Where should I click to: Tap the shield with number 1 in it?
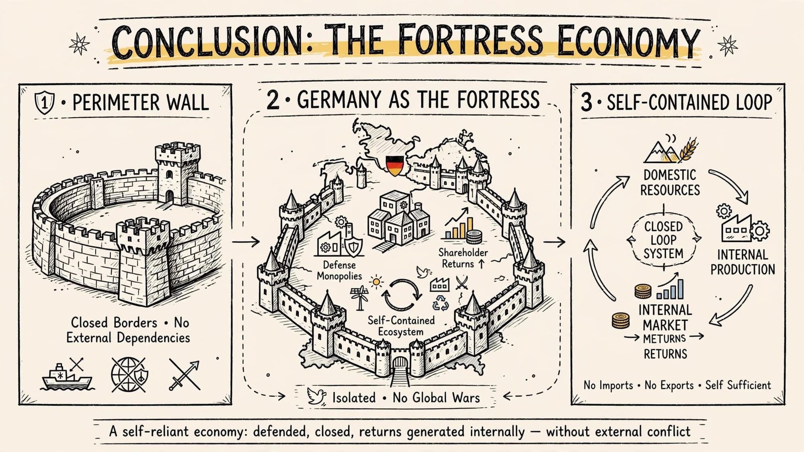pos(45,102)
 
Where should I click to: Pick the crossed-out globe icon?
pos(129,374)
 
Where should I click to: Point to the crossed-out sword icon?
pos(184,374)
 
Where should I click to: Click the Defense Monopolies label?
pos(339,270)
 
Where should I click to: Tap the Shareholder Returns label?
pos(463,258)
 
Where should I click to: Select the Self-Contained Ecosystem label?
pos(401,326)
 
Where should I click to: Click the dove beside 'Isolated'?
pos(316,396)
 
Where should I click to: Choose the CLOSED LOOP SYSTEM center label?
pos(663,240)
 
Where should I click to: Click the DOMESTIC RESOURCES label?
pos(670,182)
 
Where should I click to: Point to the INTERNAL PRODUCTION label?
pos(742,262)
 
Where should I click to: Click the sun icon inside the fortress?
pos(376,282)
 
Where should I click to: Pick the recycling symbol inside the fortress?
pos(441,304)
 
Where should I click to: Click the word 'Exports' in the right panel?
pos(669,385)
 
